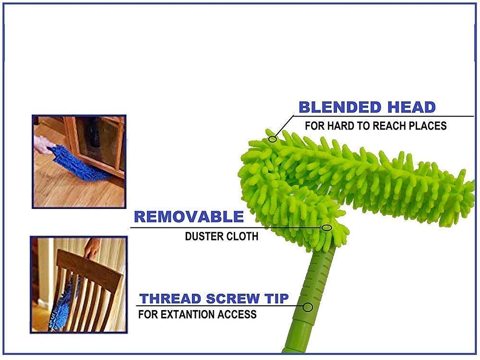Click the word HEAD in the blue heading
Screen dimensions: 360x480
pyautogui.click(x=410, y=107)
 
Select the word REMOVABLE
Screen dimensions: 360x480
pyautogui.click(x=189, y=217)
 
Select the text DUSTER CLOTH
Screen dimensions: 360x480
pyautogui.click(x=221, y=237)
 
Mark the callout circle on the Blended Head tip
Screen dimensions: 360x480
pyautogui.click(x=273, y=139)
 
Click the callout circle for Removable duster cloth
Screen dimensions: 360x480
pyautogui.click(x=326, y=228)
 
